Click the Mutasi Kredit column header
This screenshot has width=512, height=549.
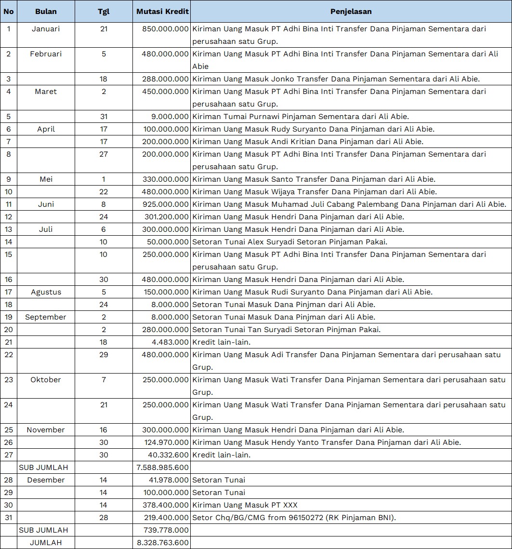(162, 12)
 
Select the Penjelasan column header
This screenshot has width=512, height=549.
(351, 12)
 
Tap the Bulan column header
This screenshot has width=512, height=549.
(46, 12)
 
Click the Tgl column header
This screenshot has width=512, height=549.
(104, 12)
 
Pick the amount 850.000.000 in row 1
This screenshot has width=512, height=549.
(165, 29)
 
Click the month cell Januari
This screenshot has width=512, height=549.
(46, 29)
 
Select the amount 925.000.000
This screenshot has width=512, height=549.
(165, 204)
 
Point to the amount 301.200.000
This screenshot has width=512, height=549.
(165, 217)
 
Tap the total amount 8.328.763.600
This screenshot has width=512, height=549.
(162, 543)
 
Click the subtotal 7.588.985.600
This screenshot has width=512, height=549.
(162, 468)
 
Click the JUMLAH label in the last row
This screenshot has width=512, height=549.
(46, 543)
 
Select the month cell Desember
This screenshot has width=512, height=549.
(46, 480)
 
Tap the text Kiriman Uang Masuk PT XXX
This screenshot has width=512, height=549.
(245, 505)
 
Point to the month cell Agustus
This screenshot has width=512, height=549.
(46, 292)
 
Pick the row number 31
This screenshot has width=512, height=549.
(8, 518)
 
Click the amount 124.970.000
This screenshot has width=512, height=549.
(165, 442)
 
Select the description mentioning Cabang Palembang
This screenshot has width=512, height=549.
(349, 204)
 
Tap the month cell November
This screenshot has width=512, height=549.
(46, 430)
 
